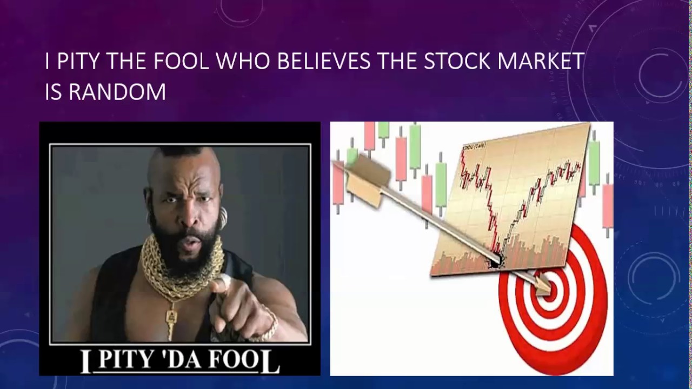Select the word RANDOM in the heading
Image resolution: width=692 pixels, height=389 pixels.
point(117,92)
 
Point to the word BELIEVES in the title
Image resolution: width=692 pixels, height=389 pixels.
point(323,62)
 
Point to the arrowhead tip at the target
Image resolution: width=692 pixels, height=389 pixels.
point(546,286)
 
